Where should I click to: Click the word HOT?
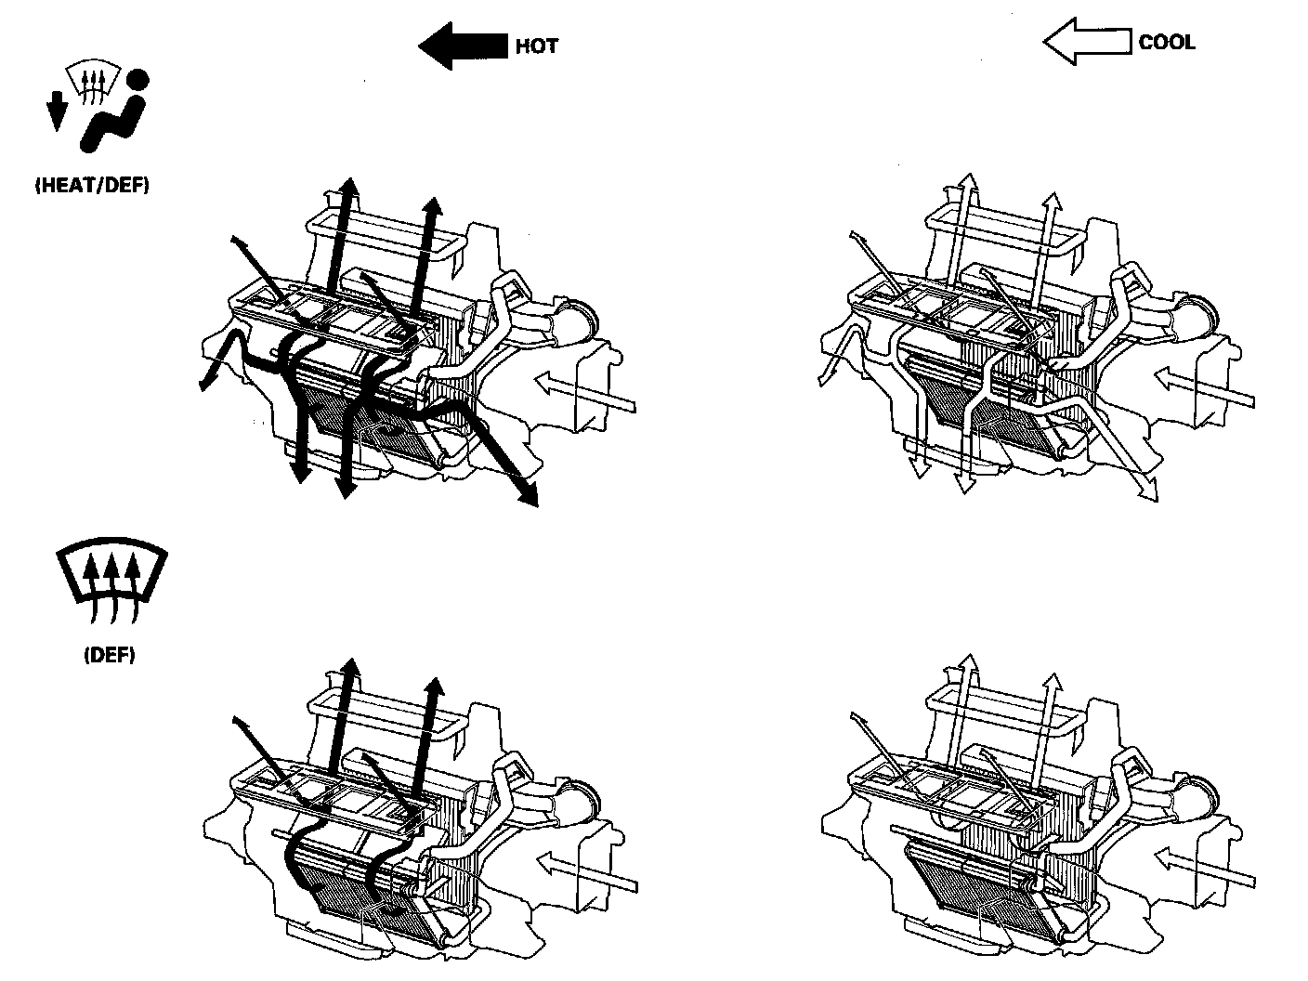click(537, 46)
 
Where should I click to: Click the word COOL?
click(1167, 42)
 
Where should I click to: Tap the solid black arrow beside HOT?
click(461, 46)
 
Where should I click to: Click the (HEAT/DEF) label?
click(91, 185)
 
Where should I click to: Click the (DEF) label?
click(109, 655)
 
